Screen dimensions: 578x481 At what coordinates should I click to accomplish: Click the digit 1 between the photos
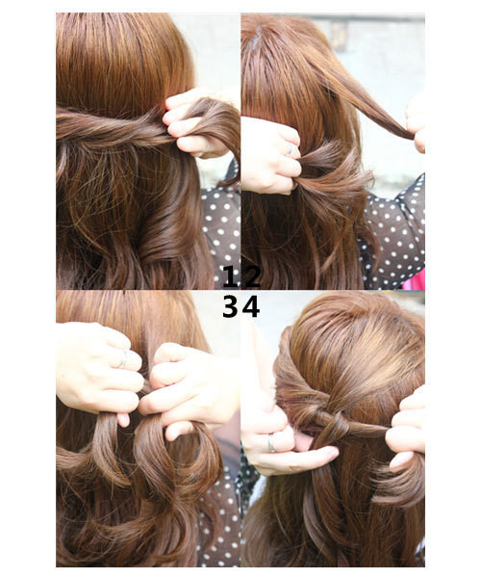point(229,277)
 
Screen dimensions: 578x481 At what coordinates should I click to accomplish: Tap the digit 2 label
point(251,277)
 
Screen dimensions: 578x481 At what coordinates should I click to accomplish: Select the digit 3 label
point(229,306)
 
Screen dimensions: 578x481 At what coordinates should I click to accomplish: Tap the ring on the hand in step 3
point(122,358)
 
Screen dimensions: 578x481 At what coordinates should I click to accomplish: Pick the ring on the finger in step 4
point(272,442)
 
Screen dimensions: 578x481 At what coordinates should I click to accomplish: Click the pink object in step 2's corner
point(416,280)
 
